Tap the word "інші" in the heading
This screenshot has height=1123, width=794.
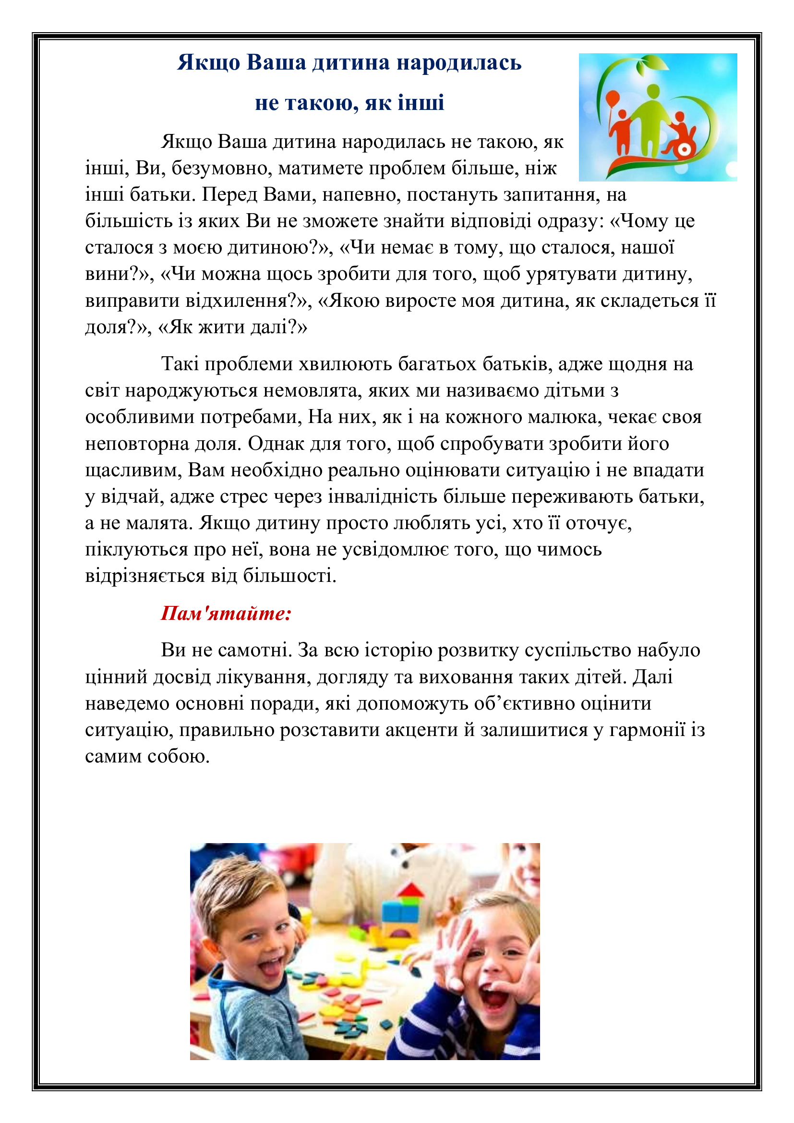click(421, 103)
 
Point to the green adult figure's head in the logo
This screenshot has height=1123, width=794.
click(653, 92)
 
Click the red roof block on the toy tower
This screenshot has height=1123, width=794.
click(411, 890)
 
